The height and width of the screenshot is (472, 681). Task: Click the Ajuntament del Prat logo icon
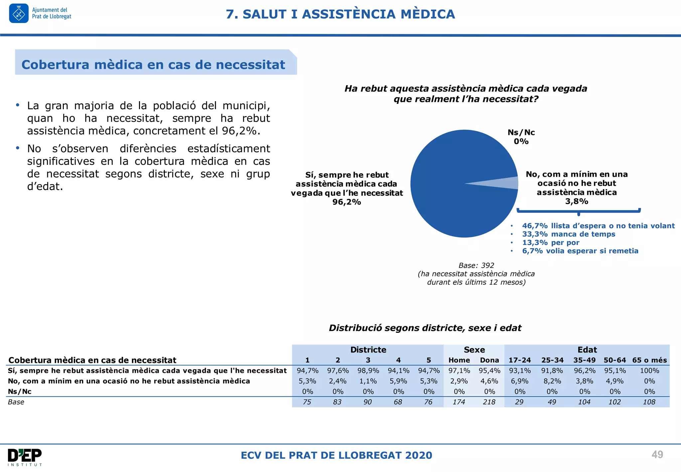(19, 13)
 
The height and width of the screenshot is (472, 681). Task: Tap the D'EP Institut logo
(25, 457)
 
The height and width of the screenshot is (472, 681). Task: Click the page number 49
(657, 454)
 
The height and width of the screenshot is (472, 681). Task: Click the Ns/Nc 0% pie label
(521, 137)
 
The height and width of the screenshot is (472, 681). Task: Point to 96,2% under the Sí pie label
(346, 202)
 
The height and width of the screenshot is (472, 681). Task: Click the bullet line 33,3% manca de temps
(568, 234)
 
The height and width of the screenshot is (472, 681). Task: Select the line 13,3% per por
(550, 243)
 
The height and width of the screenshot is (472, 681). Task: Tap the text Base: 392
(476, 265)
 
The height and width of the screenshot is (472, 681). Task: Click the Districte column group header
(368, 350)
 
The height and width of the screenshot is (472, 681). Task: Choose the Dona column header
(489, 360)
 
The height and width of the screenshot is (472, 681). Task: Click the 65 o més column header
(649, 360)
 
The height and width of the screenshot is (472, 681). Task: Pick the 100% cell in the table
(649, 370)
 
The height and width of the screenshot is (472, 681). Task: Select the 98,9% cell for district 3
(368, 370)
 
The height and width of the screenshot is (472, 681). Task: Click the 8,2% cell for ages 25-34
(552, 381)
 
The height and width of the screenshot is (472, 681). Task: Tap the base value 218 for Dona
(489, 402)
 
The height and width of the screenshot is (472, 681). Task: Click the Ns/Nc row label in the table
(20, 391)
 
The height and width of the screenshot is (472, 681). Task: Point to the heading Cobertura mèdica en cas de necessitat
(153, 65)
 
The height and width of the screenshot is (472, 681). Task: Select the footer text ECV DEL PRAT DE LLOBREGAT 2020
(336, 455)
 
